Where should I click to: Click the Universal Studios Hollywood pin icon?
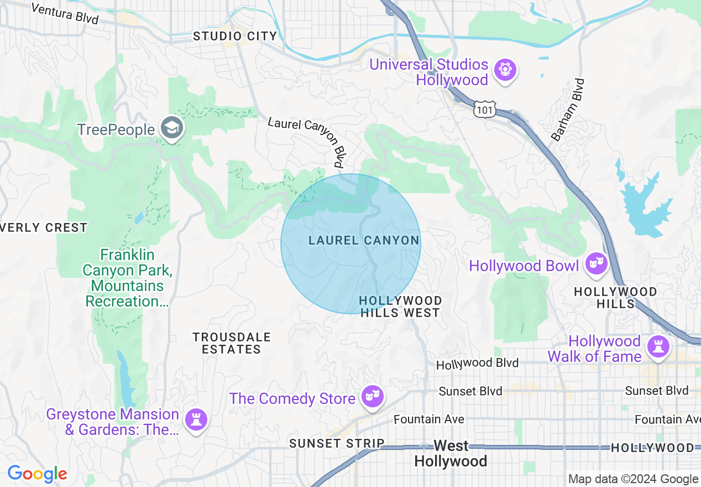point(505,70)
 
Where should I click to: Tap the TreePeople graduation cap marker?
point(172,128)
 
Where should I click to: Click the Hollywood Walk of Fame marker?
point(657,347)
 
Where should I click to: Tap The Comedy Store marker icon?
point(373,396)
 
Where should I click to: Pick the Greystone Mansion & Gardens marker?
point(196,419)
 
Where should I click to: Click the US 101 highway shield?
point(484,110)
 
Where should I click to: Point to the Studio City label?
point(235,37)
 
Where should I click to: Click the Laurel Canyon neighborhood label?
point(364,240)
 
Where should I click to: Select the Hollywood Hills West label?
point(400,307)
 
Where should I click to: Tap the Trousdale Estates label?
point(232,343)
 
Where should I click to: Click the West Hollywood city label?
point(451,453)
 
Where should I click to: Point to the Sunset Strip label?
point(337,443)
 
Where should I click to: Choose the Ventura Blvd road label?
point(65,14)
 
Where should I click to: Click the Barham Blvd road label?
point(568,110)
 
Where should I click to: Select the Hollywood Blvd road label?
point(477,364)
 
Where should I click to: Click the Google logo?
point(37,474)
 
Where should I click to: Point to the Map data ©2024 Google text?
point(633,479)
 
